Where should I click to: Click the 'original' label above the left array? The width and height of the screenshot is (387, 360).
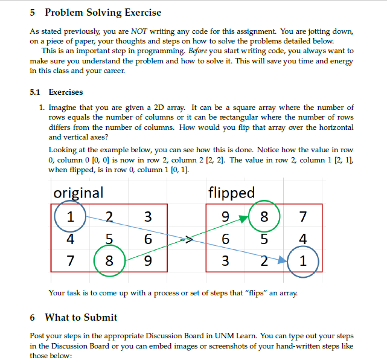[78, 193]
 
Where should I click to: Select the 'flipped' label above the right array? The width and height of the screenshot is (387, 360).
[231, 193]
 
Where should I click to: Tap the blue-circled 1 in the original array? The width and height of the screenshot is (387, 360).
[71, 216]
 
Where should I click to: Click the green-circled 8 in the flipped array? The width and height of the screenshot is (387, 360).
[263, 216]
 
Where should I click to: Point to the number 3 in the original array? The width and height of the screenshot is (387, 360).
[148, 216]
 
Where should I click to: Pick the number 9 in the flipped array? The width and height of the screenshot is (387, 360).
[225, 216]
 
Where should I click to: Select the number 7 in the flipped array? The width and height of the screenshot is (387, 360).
[302, 216]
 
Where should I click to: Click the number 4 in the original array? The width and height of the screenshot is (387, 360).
[71, 240]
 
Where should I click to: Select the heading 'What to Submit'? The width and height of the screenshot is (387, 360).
[81, 317]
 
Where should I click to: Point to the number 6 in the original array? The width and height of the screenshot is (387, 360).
[148, 240]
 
